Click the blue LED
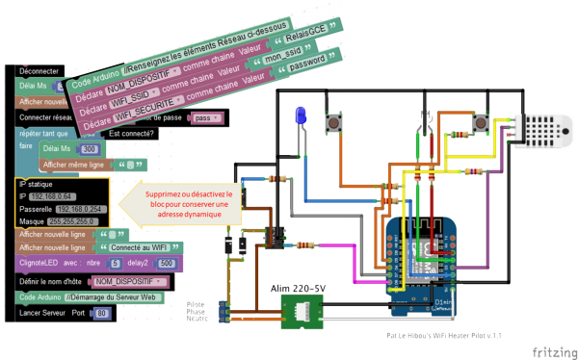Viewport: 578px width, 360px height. [300, 115]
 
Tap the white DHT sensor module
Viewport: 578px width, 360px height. [539, 130]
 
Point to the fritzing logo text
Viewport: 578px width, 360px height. [550, 351]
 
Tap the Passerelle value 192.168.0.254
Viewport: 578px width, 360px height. [85, 207]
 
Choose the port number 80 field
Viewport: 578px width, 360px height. [103, 314]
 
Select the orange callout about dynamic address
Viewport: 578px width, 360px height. [182, 203]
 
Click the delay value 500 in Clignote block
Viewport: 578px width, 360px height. [165, 263]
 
